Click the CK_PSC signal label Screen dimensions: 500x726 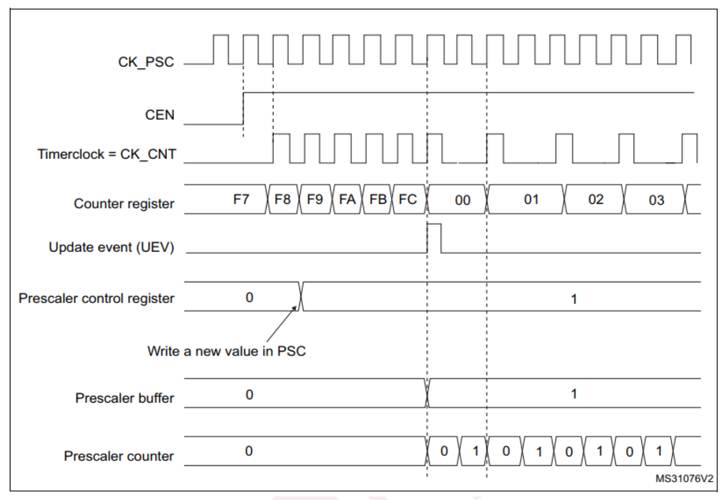click(146, 62)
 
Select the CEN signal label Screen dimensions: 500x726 click(160, 115)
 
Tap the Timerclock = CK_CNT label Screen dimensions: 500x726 click(106, 154)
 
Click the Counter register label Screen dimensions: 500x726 click(124, 204)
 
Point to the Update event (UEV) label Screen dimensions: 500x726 click(111, 248)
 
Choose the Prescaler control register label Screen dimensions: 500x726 click(96, 298)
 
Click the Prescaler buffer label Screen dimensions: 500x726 click(124, 398)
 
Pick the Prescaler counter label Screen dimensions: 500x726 click(119, 456)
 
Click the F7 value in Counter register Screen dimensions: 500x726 click(241, 199)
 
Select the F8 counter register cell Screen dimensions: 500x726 click(282, 199)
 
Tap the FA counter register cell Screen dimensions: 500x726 click(347, 199)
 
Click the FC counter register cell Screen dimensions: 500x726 click(408, 199)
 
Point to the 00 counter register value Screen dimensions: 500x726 click(462, 200)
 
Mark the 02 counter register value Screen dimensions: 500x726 click(596, 199)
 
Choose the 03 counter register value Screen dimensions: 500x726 click(656, 200)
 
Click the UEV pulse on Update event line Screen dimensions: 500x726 click(434, 238)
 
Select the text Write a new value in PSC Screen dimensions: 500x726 click(226, 351)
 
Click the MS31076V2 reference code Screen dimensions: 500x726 click(684, 479)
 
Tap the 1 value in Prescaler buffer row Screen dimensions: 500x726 click(574, 394)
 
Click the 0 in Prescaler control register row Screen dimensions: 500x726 click(249, 298)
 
